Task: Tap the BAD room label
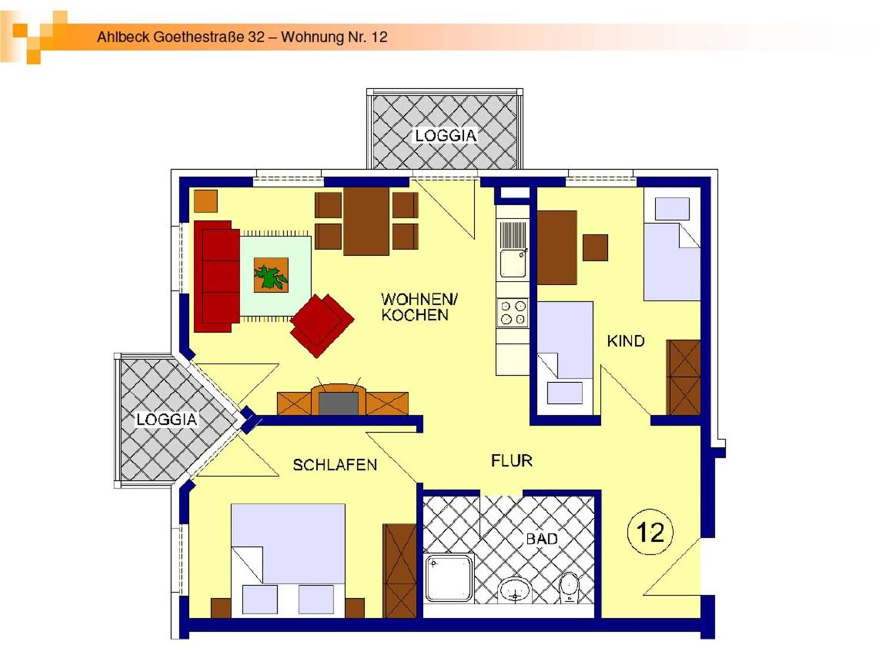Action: (542, 539)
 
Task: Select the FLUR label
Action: (511, 461)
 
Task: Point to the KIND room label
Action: (626, 341)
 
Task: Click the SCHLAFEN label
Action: (335, 465)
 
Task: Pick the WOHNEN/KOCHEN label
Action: (419, 307)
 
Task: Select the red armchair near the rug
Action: (322, 326)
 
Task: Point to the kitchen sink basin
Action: (512, 263)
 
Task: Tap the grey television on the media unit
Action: (338, 403)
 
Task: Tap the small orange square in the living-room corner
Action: (206, 201)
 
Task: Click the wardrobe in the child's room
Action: (683, 377)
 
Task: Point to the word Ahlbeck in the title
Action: (123, 37)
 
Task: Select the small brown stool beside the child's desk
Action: (595, 247)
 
